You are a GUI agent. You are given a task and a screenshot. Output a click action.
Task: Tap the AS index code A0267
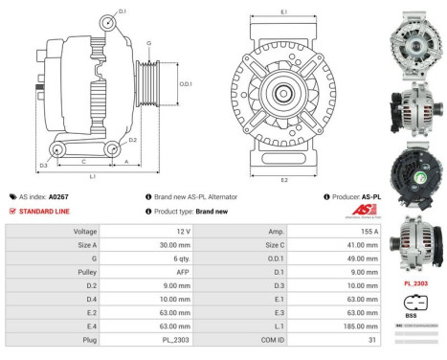point(57,196)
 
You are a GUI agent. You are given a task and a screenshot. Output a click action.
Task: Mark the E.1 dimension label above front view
point(283,11)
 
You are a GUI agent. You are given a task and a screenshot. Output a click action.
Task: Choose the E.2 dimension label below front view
point(283,179)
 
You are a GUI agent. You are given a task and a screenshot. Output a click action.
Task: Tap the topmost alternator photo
point(413,34)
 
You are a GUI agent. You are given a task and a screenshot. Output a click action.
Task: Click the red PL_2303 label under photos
point(413,282)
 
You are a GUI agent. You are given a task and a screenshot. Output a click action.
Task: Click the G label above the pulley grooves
point(148,44)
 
